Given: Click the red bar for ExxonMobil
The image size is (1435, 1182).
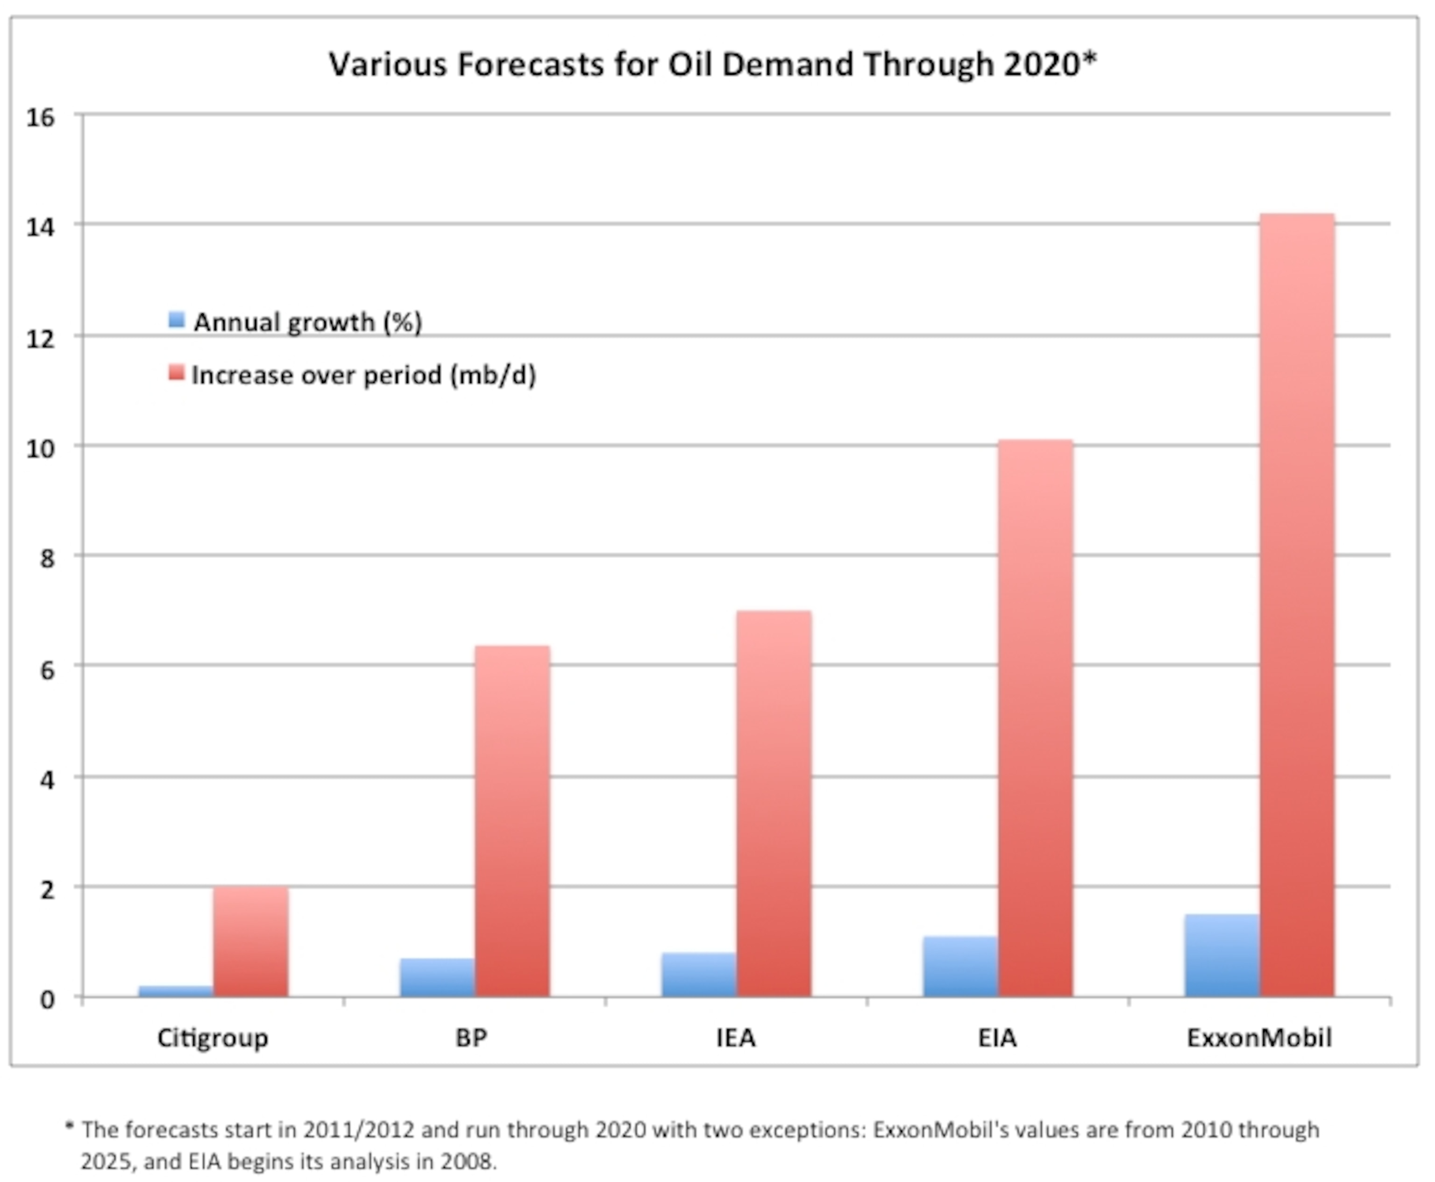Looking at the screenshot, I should [x=1297, y=606].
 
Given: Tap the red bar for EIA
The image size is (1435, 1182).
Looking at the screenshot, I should [x=1036, y=719].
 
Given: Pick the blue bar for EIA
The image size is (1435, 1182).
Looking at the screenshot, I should [x=960, y=967].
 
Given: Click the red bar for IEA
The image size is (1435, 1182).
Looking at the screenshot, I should [x=774, y=804].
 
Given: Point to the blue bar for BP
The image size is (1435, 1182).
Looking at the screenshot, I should [x=437, y=978].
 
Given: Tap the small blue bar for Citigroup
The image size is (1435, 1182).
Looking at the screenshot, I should [x=176, y=991].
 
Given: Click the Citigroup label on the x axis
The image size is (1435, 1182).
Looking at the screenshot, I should [x=213, y=1038].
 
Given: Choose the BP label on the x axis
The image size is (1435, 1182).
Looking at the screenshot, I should [x=471, y=1038].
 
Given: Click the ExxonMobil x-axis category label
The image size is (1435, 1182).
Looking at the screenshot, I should [x=1259, y=1038].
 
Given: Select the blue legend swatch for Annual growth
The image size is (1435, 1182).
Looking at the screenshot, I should [x=176, y=320].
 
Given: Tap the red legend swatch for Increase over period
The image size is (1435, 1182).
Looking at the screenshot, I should [x=176, y=373].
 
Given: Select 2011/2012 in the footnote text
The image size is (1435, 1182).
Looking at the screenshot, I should [x=358, y=1130].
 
